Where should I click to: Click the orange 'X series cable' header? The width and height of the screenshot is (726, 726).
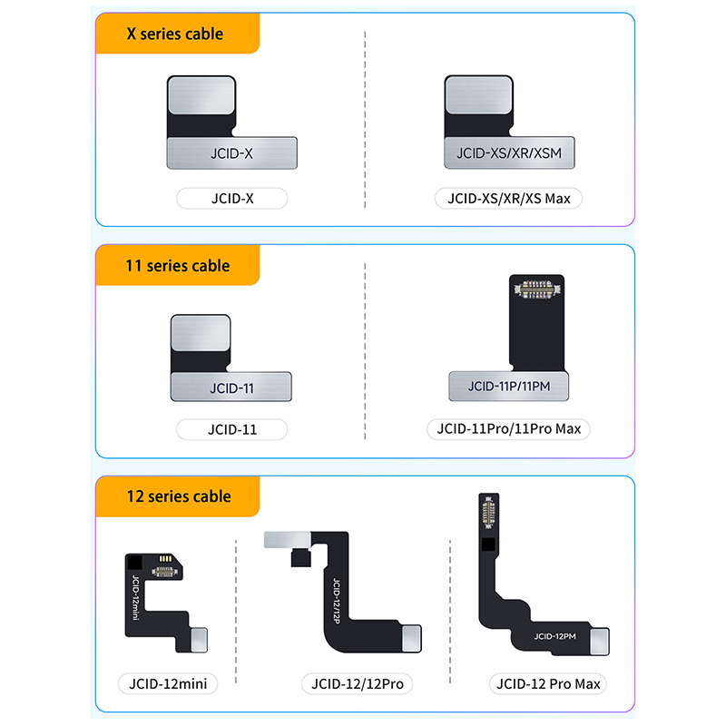click(177, 34)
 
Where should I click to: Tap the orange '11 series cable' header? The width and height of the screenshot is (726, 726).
click(177, 266)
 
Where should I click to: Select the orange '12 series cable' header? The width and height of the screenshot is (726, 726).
click(177, 496)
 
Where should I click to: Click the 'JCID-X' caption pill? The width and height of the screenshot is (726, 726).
click(231, 198)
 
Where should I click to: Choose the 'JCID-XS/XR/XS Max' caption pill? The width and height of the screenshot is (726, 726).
click(508, 198)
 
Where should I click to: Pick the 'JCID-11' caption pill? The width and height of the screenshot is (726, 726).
click(231, 429)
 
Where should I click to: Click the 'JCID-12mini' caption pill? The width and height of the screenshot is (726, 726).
click(167, 683)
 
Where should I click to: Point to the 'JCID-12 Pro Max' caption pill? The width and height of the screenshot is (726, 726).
click(547, 683)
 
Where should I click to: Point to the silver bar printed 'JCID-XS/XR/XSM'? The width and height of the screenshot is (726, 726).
click(509, 153)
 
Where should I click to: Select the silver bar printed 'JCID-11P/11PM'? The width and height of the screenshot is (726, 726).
click(515, 387)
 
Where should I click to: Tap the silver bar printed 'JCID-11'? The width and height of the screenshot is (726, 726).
click(231, 388)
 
